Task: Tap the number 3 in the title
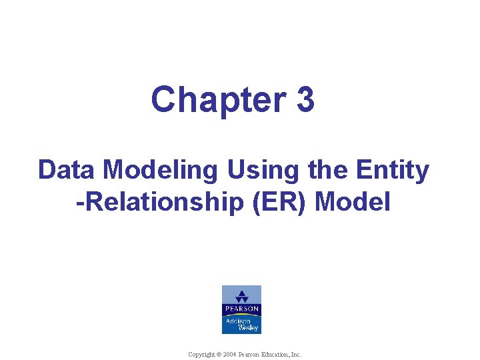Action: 304,100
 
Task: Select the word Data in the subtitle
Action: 63,171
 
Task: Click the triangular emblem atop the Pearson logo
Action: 241,295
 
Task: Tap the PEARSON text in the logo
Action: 241,309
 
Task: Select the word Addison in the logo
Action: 237,320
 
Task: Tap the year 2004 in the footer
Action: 229,354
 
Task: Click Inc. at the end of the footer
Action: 297,354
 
